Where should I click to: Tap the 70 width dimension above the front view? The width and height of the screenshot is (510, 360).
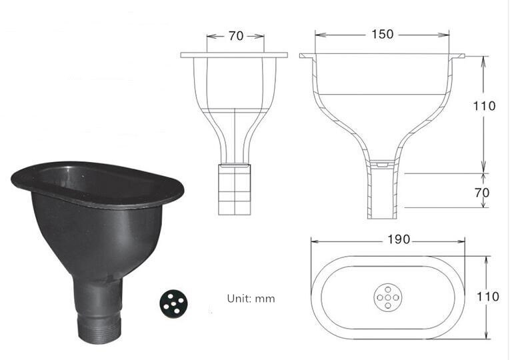236,36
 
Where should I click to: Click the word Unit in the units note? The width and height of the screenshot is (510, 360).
238,299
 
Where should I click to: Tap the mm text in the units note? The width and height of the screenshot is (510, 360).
266,299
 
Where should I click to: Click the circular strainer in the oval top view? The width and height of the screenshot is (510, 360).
387,297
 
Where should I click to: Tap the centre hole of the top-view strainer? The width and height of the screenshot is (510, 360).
387,297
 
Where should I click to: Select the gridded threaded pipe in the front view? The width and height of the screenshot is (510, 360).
235,189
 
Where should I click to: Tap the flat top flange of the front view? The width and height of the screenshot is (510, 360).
234,55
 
